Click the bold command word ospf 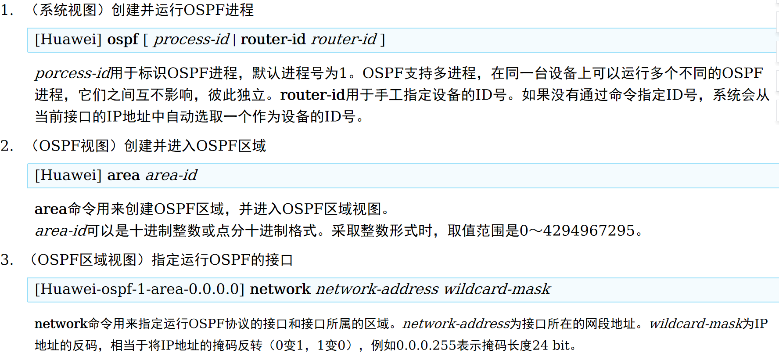[x=123, y=40]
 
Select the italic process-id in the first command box [x=191, y=40]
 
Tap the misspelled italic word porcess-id [x=72, y=73]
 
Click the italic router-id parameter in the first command [x=344, y=40]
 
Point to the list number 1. [x=7, y=10]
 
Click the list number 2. [x=7, y=146]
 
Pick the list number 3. [x=7, y=260]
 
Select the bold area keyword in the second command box [x=123, y=176]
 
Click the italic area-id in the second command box [x=171, y=176]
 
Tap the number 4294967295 [x=589, y=231]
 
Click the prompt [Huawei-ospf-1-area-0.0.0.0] [x=140, y=289]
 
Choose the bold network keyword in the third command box [x=280, y=289]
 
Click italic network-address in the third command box [x=377, y=289]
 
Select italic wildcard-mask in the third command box [x=497, y=289]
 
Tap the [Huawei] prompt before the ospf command [x=68, y=40]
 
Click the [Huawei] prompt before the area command [x=68, y=176]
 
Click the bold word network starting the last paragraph [x=61, y=324]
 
